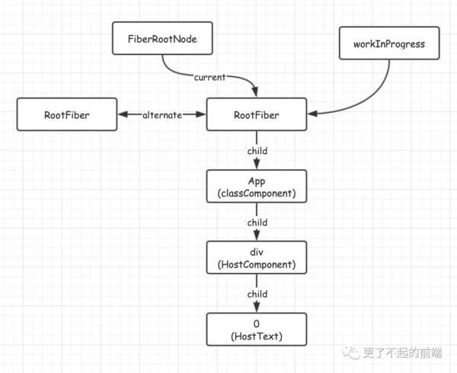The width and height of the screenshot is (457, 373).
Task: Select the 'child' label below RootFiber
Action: [257, 150]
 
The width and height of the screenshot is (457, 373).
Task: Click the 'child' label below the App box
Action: [257, 222]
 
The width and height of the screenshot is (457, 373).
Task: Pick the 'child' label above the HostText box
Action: [257, 294]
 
